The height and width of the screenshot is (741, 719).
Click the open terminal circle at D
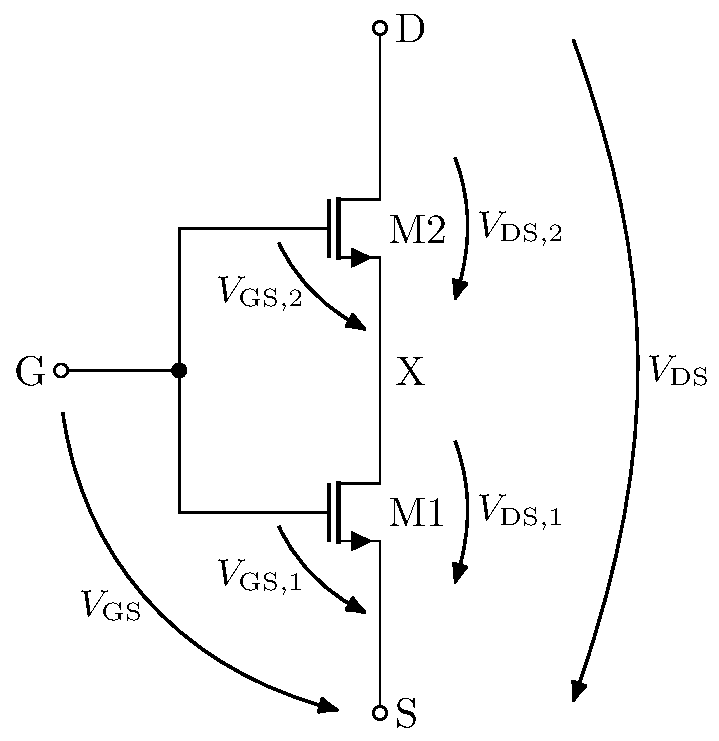(380, 28)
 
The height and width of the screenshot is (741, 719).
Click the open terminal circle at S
(380, 713)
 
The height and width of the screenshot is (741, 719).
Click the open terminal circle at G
(61, 370)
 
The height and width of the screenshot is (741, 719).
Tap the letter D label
(410, 30)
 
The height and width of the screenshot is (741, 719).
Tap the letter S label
(406, 714)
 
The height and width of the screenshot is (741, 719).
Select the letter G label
(30, 373)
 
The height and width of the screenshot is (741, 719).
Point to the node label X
(411, 373)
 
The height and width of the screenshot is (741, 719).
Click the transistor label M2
(416, 231)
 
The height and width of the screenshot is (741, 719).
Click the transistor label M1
(416, 514)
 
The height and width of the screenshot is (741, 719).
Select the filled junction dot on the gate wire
(180, 370)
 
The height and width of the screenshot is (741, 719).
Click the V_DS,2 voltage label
(520, 227)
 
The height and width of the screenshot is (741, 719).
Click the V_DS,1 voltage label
(520, 511)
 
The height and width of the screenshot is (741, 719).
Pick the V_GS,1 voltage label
(259, 577)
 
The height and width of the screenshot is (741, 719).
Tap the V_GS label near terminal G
(110, 606)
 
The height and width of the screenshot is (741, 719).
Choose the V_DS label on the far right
(677, 372)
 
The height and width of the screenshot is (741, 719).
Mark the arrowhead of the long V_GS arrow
(327, 707)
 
